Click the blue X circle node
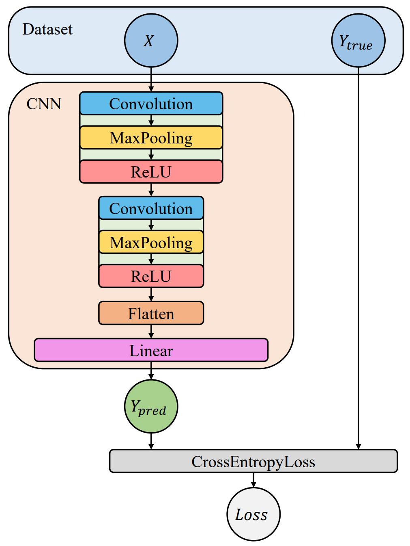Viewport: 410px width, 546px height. pos(151,41)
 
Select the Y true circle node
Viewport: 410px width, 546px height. pos(358,41)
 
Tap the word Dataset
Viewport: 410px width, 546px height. pos(47,29)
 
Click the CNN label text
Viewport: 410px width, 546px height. pos(44,104)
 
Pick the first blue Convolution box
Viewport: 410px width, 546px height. pos(151,104)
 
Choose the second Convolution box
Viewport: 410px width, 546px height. pos(151,208)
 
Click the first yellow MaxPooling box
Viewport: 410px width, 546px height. pos(151,138)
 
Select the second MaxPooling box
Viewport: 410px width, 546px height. pos(151,243)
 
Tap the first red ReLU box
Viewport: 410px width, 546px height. pos(151,172)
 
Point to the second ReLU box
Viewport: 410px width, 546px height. pos(151,276)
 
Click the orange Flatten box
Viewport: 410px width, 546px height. pos(151,313)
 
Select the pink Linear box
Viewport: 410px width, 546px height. pos(151,350)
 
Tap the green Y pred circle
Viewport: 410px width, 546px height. pos(151,406)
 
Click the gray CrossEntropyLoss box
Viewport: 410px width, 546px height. pos(253,461)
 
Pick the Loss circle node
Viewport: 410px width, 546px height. pos(253,514)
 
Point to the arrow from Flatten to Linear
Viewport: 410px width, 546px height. pos(151,331)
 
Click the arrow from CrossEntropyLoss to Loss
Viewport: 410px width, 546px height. pos(253,480)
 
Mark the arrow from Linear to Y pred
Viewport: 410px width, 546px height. pos(151,370)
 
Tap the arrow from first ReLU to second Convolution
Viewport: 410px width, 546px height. pos(151,190)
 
